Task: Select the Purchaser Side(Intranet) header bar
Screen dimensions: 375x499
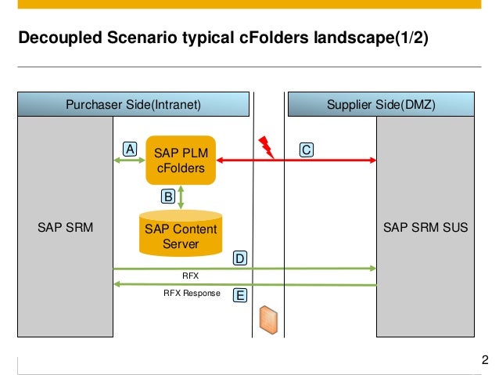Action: point(134,104)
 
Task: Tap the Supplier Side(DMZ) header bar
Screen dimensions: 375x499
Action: point(383,104)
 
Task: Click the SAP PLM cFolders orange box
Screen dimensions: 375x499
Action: point(181,160)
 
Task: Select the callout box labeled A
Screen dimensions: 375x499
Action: point(129,149)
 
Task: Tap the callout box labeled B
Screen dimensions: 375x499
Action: point(167,197)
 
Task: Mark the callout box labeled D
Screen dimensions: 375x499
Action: point(241,258)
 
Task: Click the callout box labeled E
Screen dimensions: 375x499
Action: point(241,295)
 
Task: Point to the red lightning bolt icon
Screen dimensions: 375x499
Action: point(266,145)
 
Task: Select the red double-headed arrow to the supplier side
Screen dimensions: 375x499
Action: point(328,160)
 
